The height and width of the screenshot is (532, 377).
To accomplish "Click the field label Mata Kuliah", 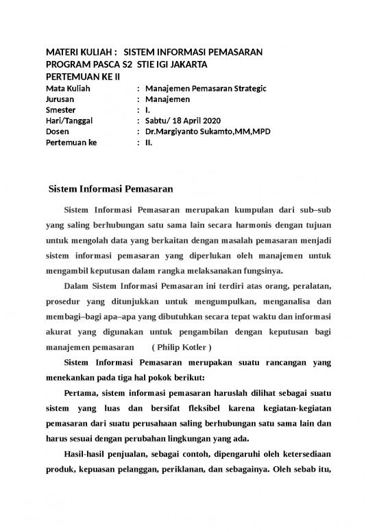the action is [x=66, y=88].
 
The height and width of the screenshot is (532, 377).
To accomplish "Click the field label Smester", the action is [x=60, y=110].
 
